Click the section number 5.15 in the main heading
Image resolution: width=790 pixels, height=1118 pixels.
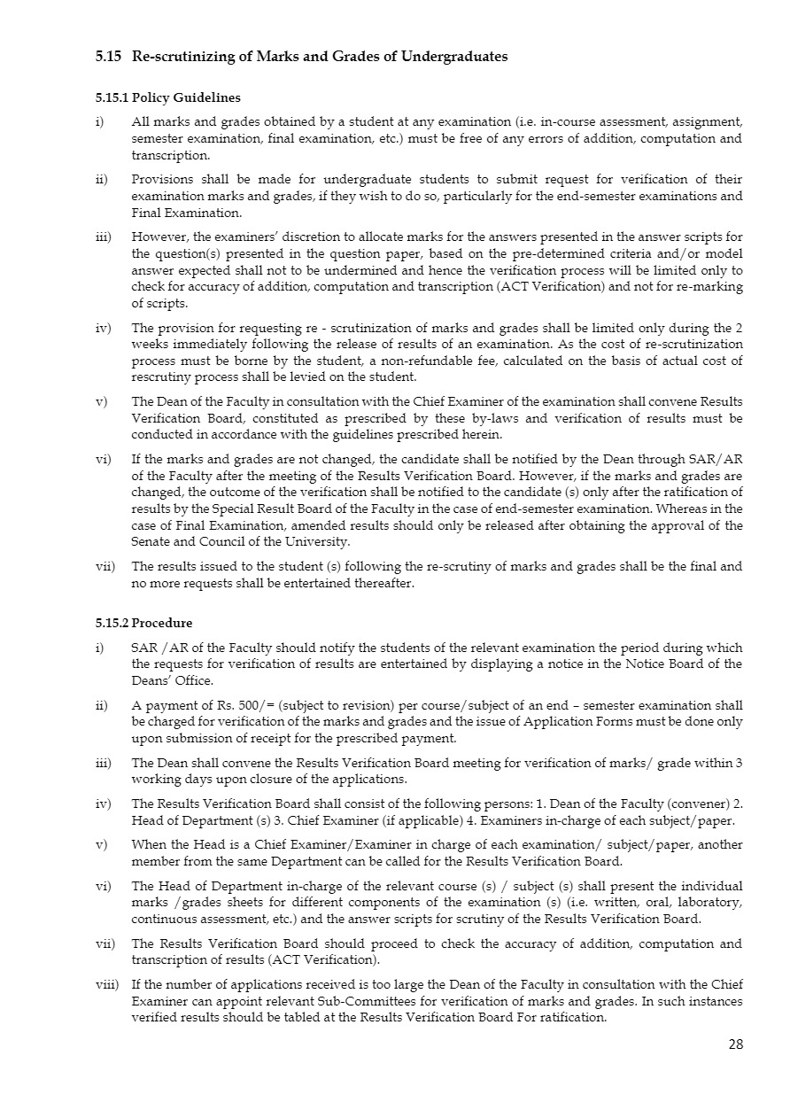click(109, 57)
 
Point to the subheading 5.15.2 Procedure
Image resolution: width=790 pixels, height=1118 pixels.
click(143, 623)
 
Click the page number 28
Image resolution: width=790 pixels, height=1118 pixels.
click(736, 1044)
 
